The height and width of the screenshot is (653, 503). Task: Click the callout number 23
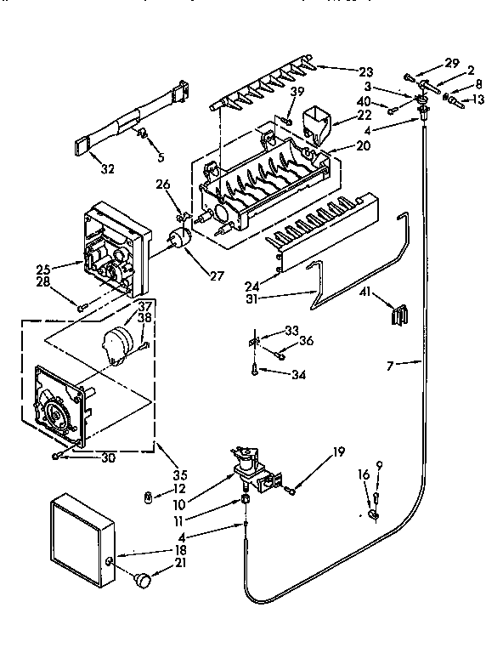(x=365, y=72)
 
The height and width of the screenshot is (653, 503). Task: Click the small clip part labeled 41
(x=396, y=315)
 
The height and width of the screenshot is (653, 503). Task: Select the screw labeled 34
(x=256, y=368)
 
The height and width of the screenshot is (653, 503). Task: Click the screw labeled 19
(x=291, y=489)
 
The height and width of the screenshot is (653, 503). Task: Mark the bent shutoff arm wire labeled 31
(x=319, y=287)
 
